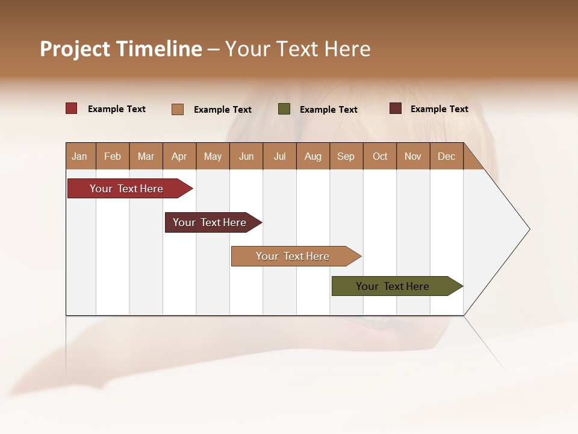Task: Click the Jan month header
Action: click(79, 157)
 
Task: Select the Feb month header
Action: click(113, 157)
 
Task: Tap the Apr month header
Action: click(179, 157)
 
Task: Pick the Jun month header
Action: click(246, 157)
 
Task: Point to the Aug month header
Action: click(312, 157)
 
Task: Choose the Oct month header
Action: click(380, 157)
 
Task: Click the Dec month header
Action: click(446, 157)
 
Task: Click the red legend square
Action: click(72, 108)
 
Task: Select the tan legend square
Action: click(178, 109)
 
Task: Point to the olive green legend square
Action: click(284, 109)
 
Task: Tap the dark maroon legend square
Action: click(396, 108)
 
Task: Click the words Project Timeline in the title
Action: click(121, 49)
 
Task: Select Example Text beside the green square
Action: click(329, 110)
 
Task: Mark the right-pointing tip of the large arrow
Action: click(528, 229)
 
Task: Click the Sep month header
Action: click(346, 157)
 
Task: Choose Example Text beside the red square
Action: click(117, 109)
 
